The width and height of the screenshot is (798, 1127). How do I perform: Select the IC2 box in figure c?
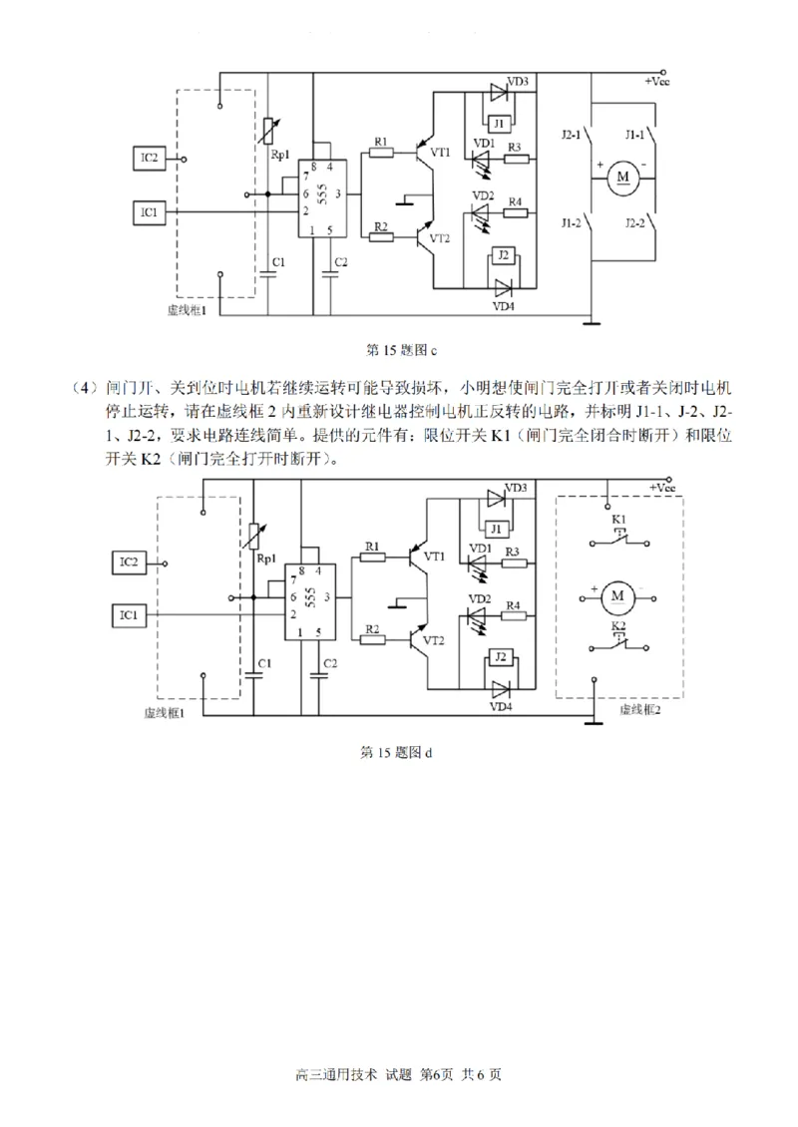coord(151,158)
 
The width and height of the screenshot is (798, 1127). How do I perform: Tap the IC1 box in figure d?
coord(129,614)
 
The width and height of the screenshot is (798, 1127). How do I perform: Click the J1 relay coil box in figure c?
coord(501,123)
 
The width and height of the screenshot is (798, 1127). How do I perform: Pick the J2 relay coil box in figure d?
coord(500,658)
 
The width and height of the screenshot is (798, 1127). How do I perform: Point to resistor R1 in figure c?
coord(380,153)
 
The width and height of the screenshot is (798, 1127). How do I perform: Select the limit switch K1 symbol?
coord(618,541)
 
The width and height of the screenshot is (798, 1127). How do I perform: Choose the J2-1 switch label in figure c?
coord(571,135)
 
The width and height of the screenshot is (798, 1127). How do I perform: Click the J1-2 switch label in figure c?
coord(571,220)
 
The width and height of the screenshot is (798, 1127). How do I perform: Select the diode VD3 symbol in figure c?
coord(499,92)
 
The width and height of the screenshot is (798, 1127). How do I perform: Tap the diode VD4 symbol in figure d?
coord(499,688)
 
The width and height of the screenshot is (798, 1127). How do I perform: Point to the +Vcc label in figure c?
coord(656,80)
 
